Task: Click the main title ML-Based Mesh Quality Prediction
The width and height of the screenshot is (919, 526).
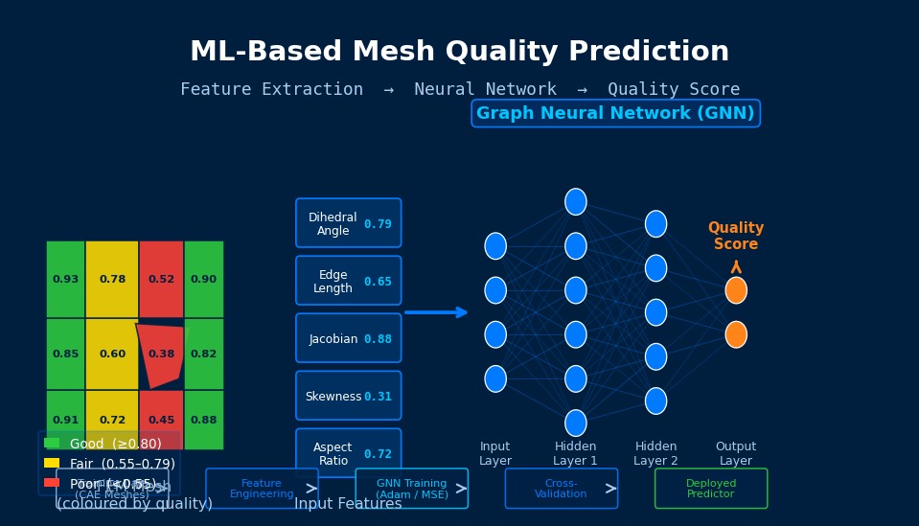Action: [459, 52]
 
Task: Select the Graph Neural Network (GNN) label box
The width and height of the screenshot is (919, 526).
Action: [615, 113]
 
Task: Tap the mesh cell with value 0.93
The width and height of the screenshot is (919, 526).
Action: [65, 279]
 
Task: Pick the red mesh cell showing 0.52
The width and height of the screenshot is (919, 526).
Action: [161, 279]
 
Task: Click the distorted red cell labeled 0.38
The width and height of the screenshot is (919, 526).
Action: [161, 354]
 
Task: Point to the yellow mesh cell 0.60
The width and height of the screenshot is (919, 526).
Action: [112, 354]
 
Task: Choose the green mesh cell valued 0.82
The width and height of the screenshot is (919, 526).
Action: [203, 354]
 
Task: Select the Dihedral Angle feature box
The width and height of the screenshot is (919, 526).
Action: [348, 223]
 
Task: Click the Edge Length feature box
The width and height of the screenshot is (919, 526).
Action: [348, 281]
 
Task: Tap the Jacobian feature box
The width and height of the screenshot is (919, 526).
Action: [348, 338]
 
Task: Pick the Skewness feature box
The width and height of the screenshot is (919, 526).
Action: [348, 396]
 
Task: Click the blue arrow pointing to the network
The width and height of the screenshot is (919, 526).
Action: [436, 312]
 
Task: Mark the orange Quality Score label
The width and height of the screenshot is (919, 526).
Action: [736, 236]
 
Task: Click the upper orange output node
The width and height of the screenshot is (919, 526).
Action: [736, 290]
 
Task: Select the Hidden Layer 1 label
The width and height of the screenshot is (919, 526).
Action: [575, 453]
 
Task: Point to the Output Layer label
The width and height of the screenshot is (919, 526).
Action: [736, 453]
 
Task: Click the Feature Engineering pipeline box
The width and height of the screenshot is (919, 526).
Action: [262, 489]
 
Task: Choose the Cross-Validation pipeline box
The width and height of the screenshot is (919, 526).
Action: [561, 489]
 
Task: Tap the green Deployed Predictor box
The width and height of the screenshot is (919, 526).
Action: [711, 489]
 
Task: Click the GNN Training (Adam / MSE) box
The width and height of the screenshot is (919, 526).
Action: [411, 489]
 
